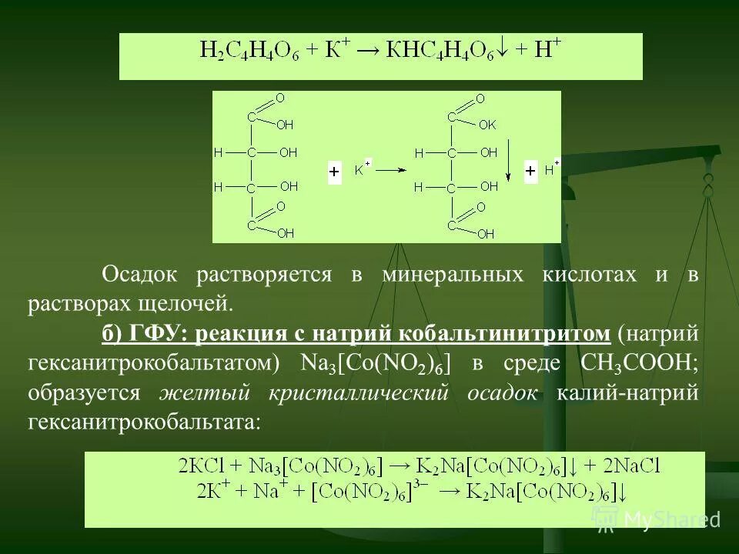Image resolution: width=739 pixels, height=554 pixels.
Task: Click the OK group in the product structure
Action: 487,124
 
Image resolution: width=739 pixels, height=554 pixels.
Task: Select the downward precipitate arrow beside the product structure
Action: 507,163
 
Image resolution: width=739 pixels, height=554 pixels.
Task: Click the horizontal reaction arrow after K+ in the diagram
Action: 391,171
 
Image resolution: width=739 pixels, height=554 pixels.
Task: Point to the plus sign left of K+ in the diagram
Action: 334,172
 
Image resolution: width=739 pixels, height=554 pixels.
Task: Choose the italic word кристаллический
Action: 359,393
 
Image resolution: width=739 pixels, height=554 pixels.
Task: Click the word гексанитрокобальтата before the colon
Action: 142,422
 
